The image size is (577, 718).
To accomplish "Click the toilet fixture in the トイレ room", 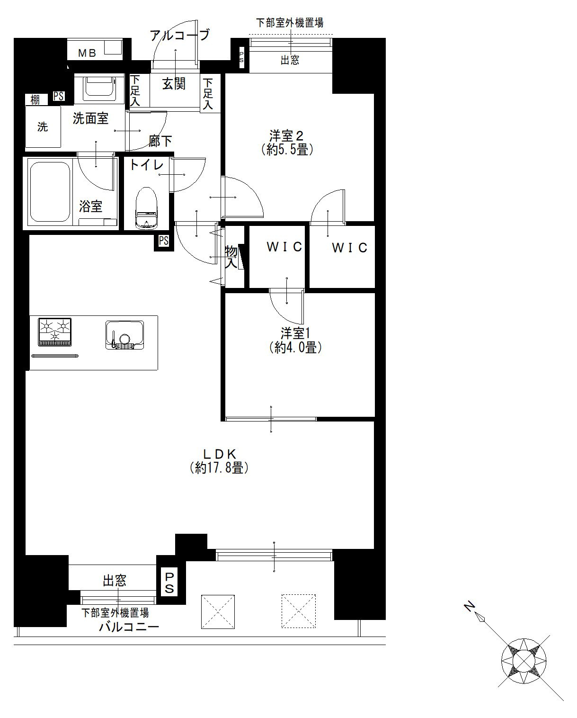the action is [146, 208].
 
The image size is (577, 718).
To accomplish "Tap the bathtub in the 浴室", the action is [50, 192].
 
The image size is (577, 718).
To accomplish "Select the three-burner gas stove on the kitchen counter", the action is [55, 332].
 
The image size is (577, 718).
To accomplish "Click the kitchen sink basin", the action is [125, 335].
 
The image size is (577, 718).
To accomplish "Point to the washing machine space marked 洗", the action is [43, 127].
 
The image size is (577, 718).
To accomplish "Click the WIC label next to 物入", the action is [284, 247].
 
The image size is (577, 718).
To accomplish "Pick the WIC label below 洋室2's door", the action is [349, 248].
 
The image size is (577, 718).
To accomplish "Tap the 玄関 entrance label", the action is [174, 83].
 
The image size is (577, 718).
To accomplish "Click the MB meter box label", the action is [88, 53].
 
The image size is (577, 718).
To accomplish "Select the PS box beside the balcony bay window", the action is [169, 583].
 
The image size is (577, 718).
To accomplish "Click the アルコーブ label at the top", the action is [180, 35].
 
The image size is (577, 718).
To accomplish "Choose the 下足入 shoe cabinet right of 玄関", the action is [208, 94].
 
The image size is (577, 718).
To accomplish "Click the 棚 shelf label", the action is [35, 99].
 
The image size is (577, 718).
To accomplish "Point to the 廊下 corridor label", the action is [160, 141].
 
